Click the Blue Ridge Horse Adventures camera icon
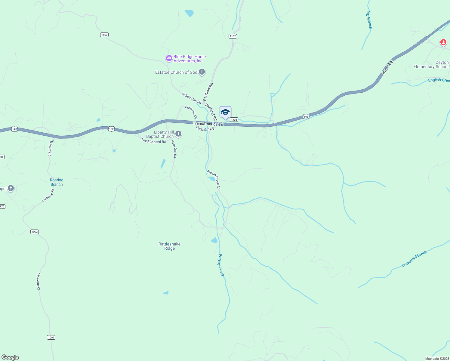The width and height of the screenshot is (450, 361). point(169,58)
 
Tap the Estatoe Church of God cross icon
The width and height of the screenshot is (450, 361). point(202,72)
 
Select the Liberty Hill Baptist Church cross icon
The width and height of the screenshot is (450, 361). point(178,134)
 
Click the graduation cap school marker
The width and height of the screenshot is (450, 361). point(225,113)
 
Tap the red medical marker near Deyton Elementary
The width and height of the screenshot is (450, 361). point(443,42)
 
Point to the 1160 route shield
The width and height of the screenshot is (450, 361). point(104,35)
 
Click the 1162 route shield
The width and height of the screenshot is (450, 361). point(233,36)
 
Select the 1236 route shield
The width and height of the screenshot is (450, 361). point(234,120)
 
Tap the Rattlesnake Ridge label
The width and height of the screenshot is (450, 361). point(169,246)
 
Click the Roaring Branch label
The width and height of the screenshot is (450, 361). point(57,182)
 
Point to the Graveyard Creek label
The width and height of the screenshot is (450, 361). point(414,259)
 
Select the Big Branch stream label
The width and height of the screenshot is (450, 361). point(369,20)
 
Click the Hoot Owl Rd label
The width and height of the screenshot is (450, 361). point(174,149)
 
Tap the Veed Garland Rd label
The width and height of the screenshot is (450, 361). point(153,141)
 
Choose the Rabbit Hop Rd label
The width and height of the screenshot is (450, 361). point(191,98)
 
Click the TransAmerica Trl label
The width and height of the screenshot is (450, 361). point(208,124)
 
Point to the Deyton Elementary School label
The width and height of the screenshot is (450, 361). point(431,65)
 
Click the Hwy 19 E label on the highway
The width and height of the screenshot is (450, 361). point(387,67)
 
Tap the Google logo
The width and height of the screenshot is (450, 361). point(10,357)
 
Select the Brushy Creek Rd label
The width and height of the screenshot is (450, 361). point(214,180)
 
